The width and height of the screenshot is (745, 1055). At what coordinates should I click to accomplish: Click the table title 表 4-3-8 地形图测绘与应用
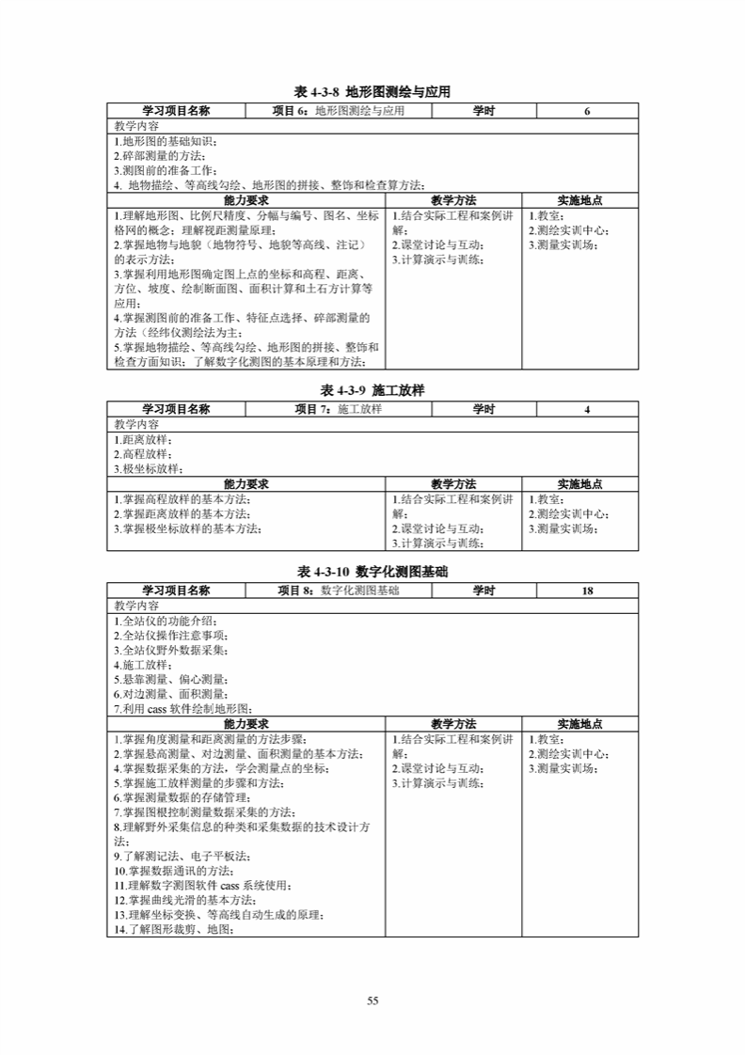[x=372, y=92]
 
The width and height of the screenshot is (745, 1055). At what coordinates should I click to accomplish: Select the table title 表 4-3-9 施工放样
[x=372, y=389]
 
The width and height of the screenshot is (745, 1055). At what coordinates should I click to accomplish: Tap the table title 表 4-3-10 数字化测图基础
[x=372, y=572]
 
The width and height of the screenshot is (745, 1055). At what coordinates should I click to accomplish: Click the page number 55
[x=372, y=1000]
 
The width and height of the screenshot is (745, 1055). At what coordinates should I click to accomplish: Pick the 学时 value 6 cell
[x=587, y=111]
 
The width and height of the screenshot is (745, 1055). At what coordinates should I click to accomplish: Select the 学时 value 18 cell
[x=587, y=590]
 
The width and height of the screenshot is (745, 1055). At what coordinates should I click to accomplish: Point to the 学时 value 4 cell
[x=587, y=409]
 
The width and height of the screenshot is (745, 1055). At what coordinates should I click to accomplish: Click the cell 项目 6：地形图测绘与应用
[x=338, y=111]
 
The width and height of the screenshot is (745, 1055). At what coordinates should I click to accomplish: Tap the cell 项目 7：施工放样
[x=338, y=409]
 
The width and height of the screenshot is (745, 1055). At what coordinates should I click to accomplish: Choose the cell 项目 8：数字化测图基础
[x=338, y=590]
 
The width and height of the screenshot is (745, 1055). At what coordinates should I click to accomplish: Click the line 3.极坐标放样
[x=149, y=469]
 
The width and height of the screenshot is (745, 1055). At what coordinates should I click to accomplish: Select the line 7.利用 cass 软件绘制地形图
[x=184, y=708]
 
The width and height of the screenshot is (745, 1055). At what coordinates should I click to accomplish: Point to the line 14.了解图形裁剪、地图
[x=173, y=929]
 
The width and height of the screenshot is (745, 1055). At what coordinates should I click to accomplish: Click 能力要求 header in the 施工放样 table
[x=246, y=484]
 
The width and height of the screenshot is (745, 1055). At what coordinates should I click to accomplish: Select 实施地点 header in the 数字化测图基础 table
[x=579, y=724]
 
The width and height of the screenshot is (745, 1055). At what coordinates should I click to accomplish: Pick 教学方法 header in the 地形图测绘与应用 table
[x=454, y=200]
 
